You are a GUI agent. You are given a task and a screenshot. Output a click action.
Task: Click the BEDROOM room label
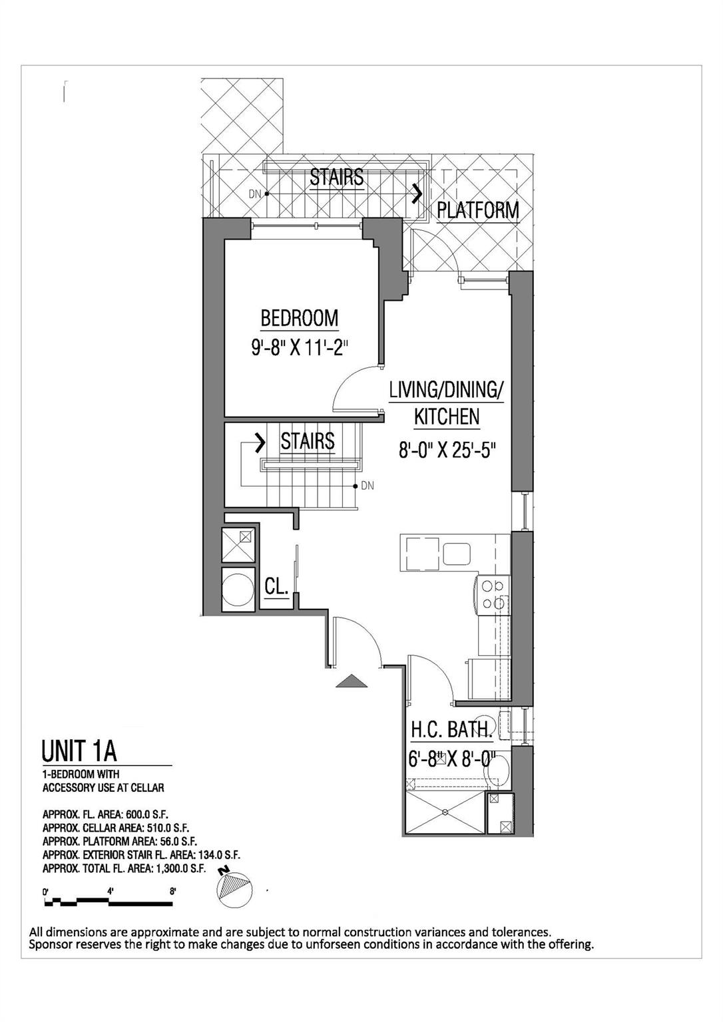click(299, 318)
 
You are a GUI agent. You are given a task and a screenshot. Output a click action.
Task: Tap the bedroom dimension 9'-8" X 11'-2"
click(300, 347)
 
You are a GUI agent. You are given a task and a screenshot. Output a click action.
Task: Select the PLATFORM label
click(477, 210)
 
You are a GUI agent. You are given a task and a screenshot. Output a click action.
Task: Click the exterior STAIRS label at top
click(337, 178)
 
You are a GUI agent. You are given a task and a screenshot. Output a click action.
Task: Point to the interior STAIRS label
click(307, 441)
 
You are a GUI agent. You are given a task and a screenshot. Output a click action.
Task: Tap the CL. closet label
click(276, 587)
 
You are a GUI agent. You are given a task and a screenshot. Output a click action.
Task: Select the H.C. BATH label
click(451, 730)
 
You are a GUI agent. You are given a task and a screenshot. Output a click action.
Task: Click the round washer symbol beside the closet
click(237, 589)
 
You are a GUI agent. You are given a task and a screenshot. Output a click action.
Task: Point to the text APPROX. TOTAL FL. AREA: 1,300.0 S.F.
click(124, 868)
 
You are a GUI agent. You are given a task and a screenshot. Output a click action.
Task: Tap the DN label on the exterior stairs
click(254, 194)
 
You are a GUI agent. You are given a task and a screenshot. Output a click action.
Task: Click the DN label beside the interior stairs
click(368, 486)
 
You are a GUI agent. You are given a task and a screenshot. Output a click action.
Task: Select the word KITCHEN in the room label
click(447, 417)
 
